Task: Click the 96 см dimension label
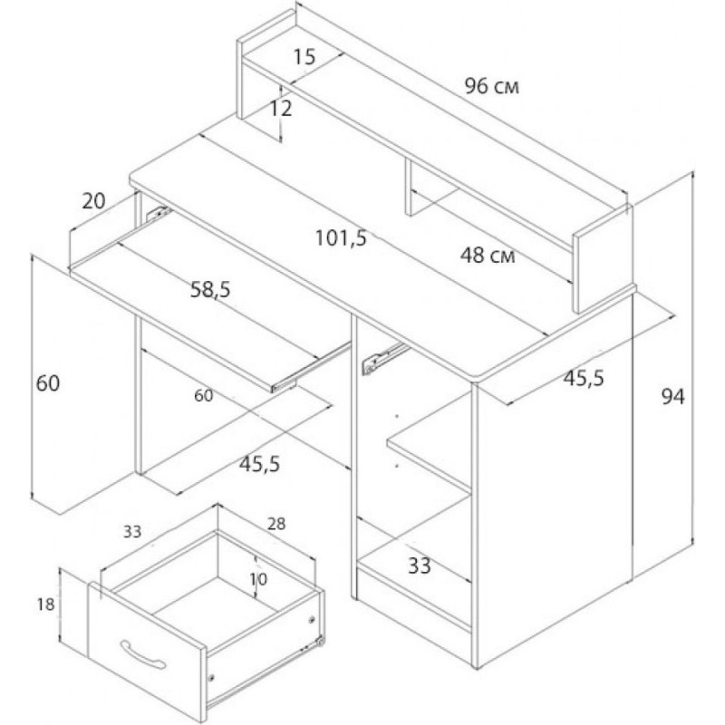coord(492,86)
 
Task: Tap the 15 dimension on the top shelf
coord(304,57)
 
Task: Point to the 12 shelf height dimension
coord(281,109)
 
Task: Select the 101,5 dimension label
coord(342,238)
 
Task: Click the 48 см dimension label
coord(488,255)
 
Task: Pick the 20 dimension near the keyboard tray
coord(94,200)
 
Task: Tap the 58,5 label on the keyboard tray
coord(210,290)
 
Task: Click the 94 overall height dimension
coord(672,397)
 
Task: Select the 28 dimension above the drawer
coord(276,524)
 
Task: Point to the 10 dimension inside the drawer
coord(258,579)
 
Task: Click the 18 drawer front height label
coord(46,604)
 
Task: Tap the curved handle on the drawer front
coord(142,653)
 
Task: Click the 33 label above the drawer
coord(132,532)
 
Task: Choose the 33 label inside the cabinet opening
coord(420,565)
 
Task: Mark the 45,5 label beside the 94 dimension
coord(584,378)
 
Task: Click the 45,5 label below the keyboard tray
coord(259,464)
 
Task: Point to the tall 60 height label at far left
coord(48,383)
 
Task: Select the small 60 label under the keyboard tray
coord(203,396)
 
